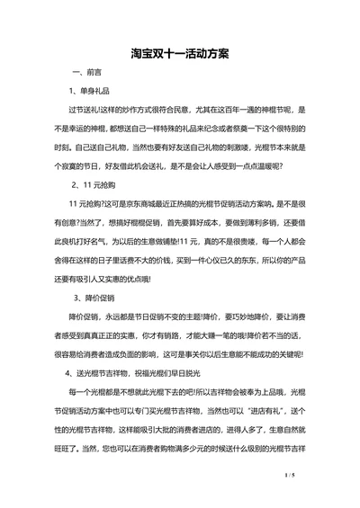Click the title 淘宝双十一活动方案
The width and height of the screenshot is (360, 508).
[x=179, y=53]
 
